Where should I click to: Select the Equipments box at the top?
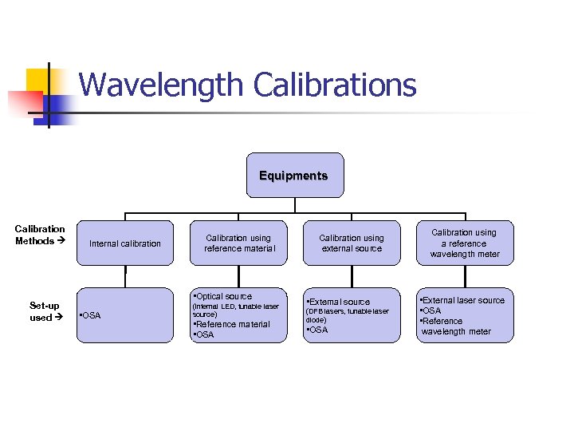tap(293, 176)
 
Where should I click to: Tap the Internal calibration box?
tap(125, 243)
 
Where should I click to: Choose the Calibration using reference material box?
tap(238, 243)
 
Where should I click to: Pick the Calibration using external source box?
tap(352, 243)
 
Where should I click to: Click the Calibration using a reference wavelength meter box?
tap(464, 243)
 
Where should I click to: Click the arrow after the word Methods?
tap(61, 241)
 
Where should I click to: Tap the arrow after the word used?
tap(57, 318)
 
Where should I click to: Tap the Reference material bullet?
tap(233, 324)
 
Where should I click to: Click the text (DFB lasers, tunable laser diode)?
tap(348, 315)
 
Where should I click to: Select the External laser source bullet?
tap(464, 301)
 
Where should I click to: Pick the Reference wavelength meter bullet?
tap(456, 326)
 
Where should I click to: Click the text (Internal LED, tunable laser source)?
tap(236, 310)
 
